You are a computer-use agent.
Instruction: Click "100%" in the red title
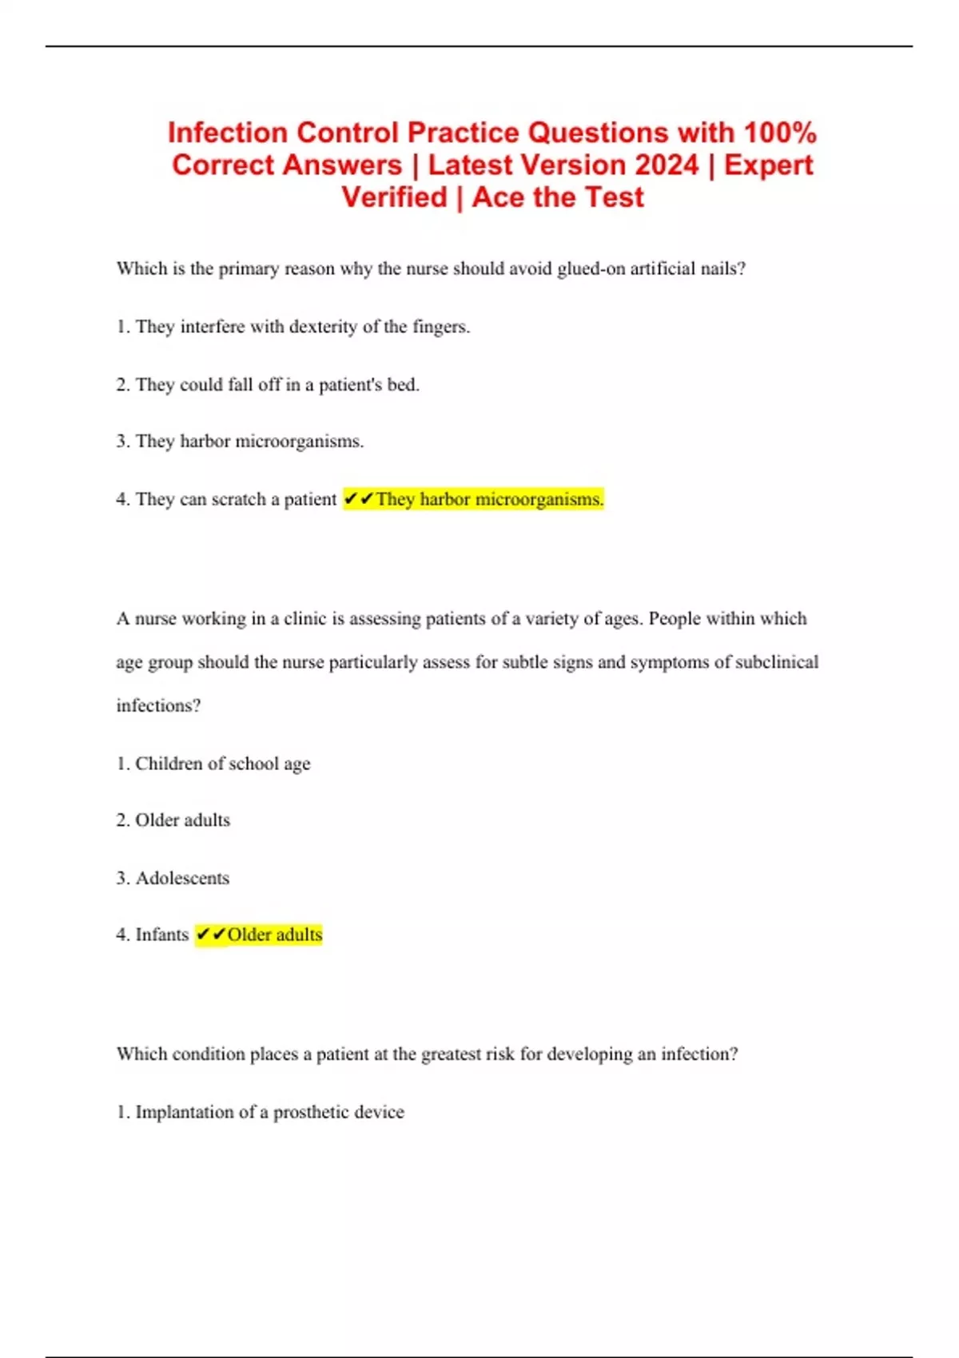pyautogui.click(x=779, y=133)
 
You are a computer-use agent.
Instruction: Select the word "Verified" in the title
pyautogui.click(x=394, y=197)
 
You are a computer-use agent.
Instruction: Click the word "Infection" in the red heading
pyautogui.click(x=227, y=133)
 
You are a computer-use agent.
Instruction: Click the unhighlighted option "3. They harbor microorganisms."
pyautogui.click(x=240, y=442)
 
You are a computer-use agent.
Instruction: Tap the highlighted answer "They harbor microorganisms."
pyautogui.click(x=489, y=499)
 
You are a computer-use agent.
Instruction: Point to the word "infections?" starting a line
pyautogui.click(x=158, y=706)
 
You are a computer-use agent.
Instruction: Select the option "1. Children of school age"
pyautogui.click(x=213, y=764)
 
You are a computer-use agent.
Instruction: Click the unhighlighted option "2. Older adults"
pyautogui.click(x=173, y=820)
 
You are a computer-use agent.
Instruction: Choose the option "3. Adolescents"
pyautogui.click(x=173, y=879)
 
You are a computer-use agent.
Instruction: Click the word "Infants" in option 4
pyautogui.click(x=162, y=935)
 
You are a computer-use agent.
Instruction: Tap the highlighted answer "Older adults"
pyautogui.click(x=274, y=935)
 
